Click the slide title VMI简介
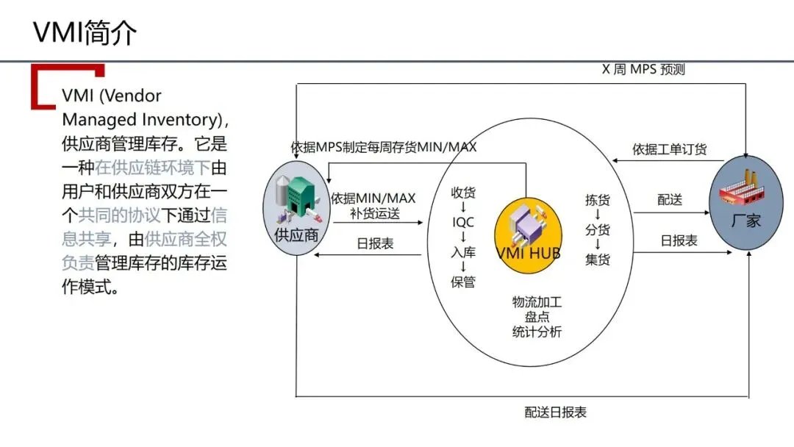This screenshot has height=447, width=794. (x=85, y=33)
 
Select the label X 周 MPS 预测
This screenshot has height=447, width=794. (x=643, y=70)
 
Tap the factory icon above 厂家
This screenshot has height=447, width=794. (x=745, y=190)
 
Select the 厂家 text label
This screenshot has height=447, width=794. (x=746, y=221)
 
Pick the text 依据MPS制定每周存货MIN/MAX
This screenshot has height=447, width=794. (x=384, y=147)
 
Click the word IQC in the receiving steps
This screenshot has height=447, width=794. (x=463, y=222)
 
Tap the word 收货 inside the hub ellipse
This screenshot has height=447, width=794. (x=463, y=193)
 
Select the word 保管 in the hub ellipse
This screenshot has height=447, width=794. (x=463, y=282)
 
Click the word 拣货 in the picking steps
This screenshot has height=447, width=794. (x=598, y=200)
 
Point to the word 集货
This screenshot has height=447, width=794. (x=598, y=260)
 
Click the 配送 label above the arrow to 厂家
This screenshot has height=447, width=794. (x=670, y=200)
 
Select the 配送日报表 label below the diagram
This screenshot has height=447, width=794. (x=556, y=412)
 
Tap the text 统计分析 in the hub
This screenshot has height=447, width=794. (x=537, y=332)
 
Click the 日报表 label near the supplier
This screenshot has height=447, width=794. (x=375, y=243)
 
